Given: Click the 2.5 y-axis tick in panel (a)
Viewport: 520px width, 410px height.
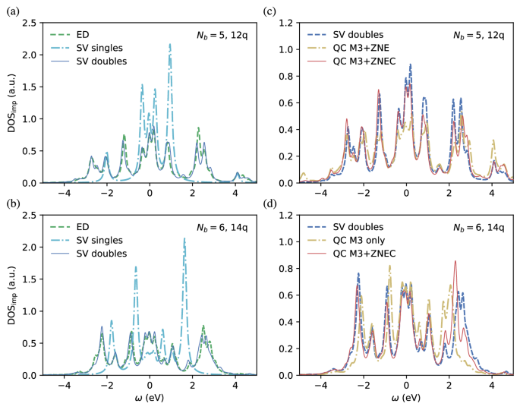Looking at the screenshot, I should (29, 24).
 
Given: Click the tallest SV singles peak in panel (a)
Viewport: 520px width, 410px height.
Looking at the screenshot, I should (170, 45).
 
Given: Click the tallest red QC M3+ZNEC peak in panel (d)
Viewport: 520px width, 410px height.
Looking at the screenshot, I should (455, 261).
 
